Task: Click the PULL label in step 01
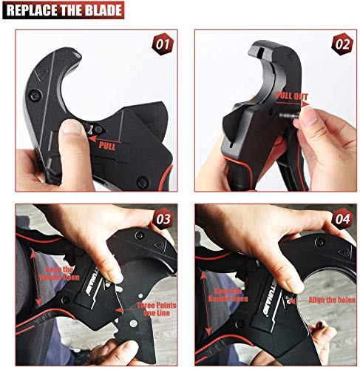[x=108, y=146]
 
